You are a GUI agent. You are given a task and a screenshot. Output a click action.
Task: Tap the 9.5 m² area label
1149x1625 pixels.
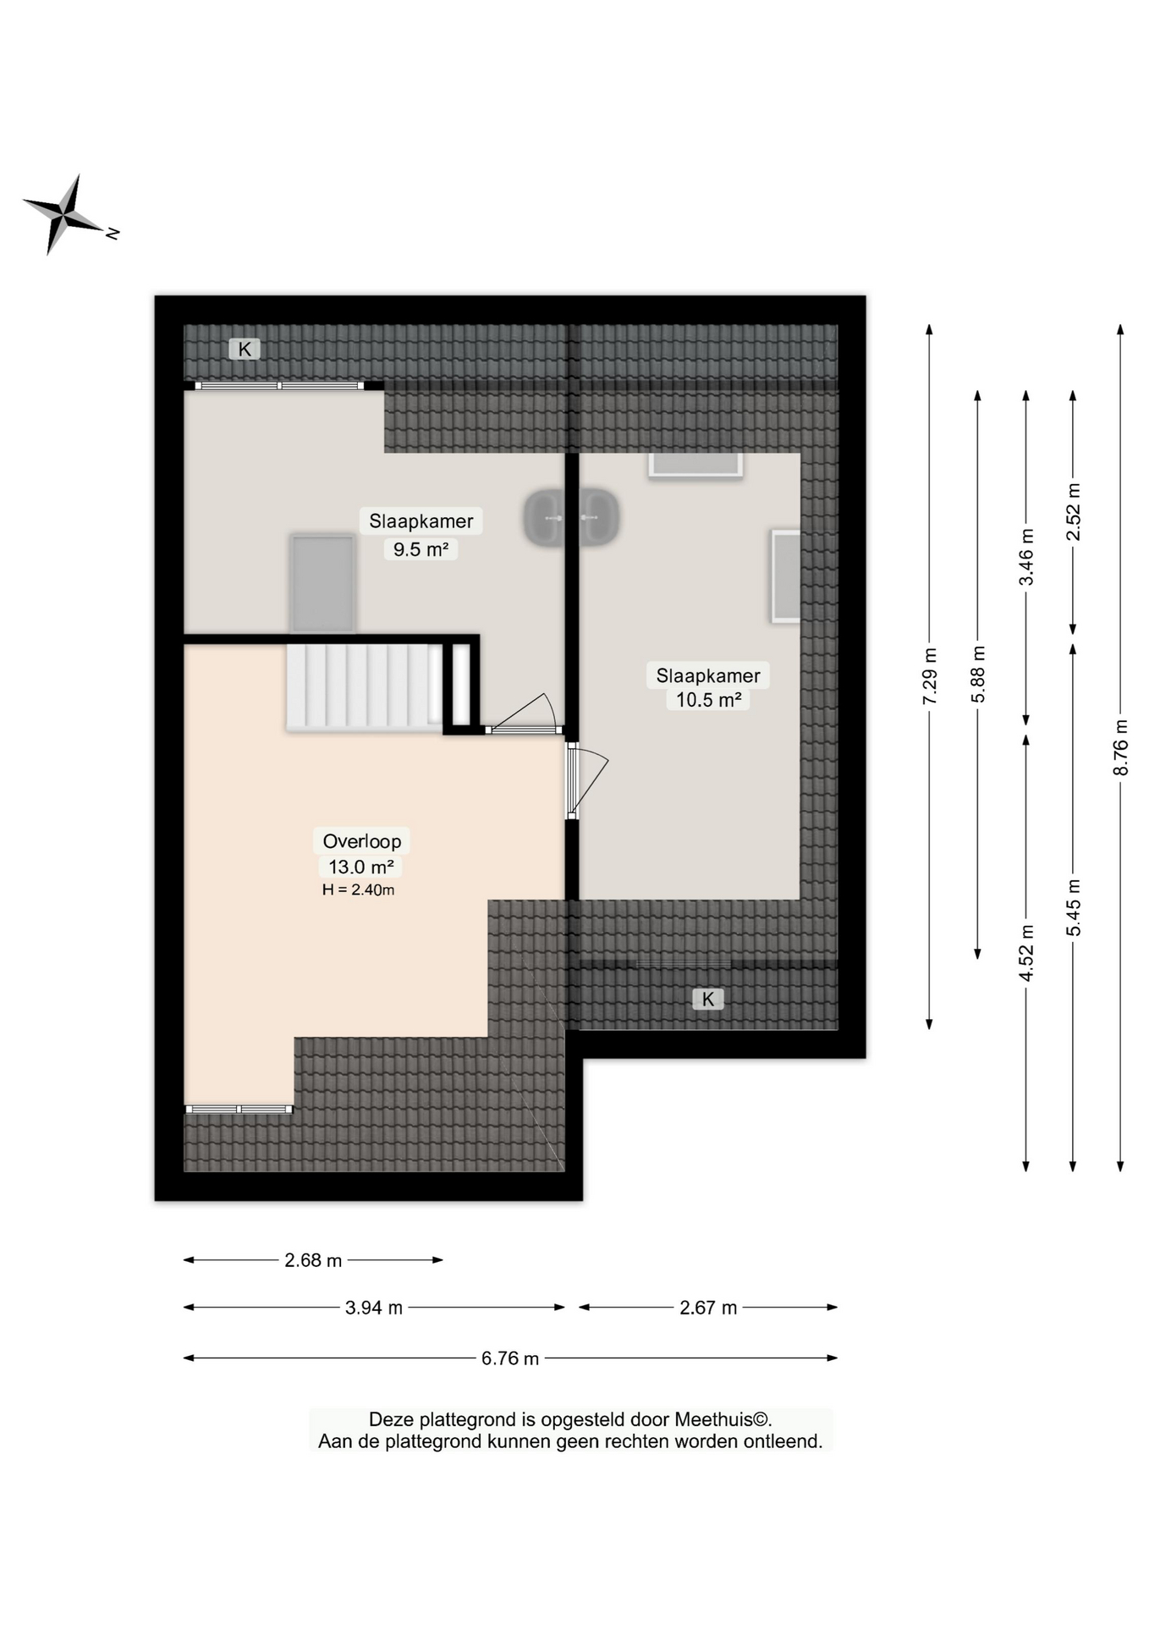click(421, 549)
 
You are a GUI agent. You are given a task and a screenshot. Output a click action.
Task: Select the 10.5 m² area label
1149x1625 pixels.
click(708, 700)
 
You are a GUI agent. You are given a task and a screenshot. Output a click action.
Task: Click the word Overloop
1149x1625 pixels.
click(362, 841)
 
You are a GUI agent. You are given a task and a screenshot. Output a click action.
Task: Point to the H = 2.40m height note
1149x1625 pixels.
click(358, 890)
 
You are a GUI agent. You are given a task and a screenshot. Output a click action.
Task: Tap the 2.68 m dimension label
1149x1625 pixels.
click(313, 1260)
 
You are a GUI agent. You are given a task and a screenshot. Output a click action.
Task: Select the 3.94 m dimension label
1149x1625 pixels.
click(374, 1308)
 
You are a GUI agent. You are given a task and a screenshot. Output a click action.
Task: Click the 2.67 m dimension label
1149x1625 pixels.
click(708, 1308)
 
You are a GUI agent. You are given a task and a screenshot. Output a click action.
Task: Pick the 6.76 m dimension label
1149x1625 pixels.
click(510, 1358)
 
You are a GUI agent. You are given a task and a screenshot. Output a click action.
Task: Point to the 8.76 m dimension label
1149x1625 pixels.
click(1121, 746)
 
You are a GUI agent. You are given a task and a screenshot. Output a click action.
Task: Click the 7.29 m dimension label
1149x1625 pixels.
click(930, 675)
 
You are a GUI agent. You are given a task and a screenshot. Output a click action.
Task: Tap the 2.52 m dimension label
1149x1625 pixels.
click(1073, 512)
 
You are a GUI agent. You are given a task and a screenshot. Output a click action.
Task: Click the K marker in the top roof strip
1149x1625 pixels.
click(245, 349)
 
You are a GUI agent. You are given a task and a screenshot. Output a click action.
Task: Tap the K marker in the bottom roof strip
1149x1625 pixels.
click(708, 999)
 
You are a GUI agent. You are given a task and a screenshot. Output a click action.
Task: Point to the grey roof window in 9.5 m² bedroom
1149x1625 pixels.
click(322, 583)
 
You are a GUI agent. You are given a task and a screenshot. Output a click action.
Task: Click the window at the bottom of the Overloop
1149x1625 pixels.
click(239, 1109)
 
